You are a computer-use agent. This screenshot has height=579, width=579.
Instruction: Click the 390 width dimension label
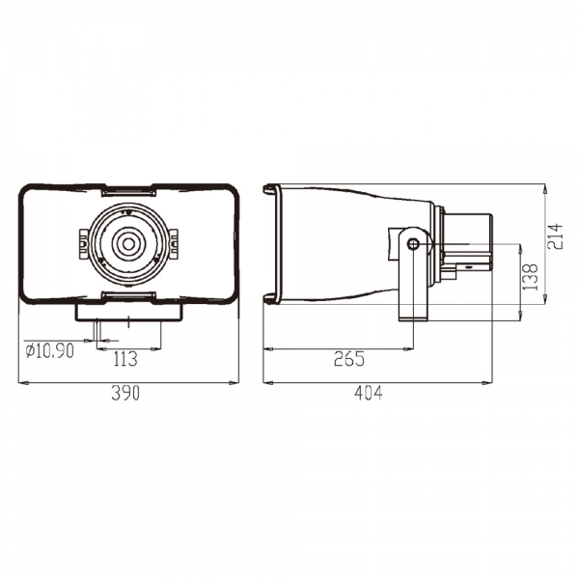[125, 393]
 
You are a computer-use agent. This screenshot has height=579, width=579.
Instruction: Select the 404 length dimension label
[369, 393]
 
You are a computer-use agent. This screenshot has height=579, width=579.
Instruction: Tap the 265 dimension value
[349, 359]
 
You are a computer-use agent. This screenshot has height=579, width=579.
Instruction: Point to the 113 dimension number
[125, 359]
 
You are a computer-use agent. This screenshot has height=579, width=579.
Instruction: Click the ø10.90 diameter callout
[50, 350]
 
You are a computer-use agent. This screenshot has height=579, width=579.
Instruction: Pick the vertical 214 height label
[555, 236]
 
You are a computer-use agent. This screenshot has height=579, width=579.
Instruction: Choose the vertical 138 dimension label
[530, 277]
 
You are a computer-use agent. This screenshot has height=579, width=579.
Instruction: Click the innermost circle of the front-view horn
[128, 244]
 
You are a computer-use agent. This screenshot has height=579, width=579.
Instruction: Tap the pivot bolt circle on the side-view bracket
[413, 244]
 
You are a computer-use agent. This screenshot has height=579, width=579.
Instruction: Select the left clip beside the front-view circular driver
[84, 244]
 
